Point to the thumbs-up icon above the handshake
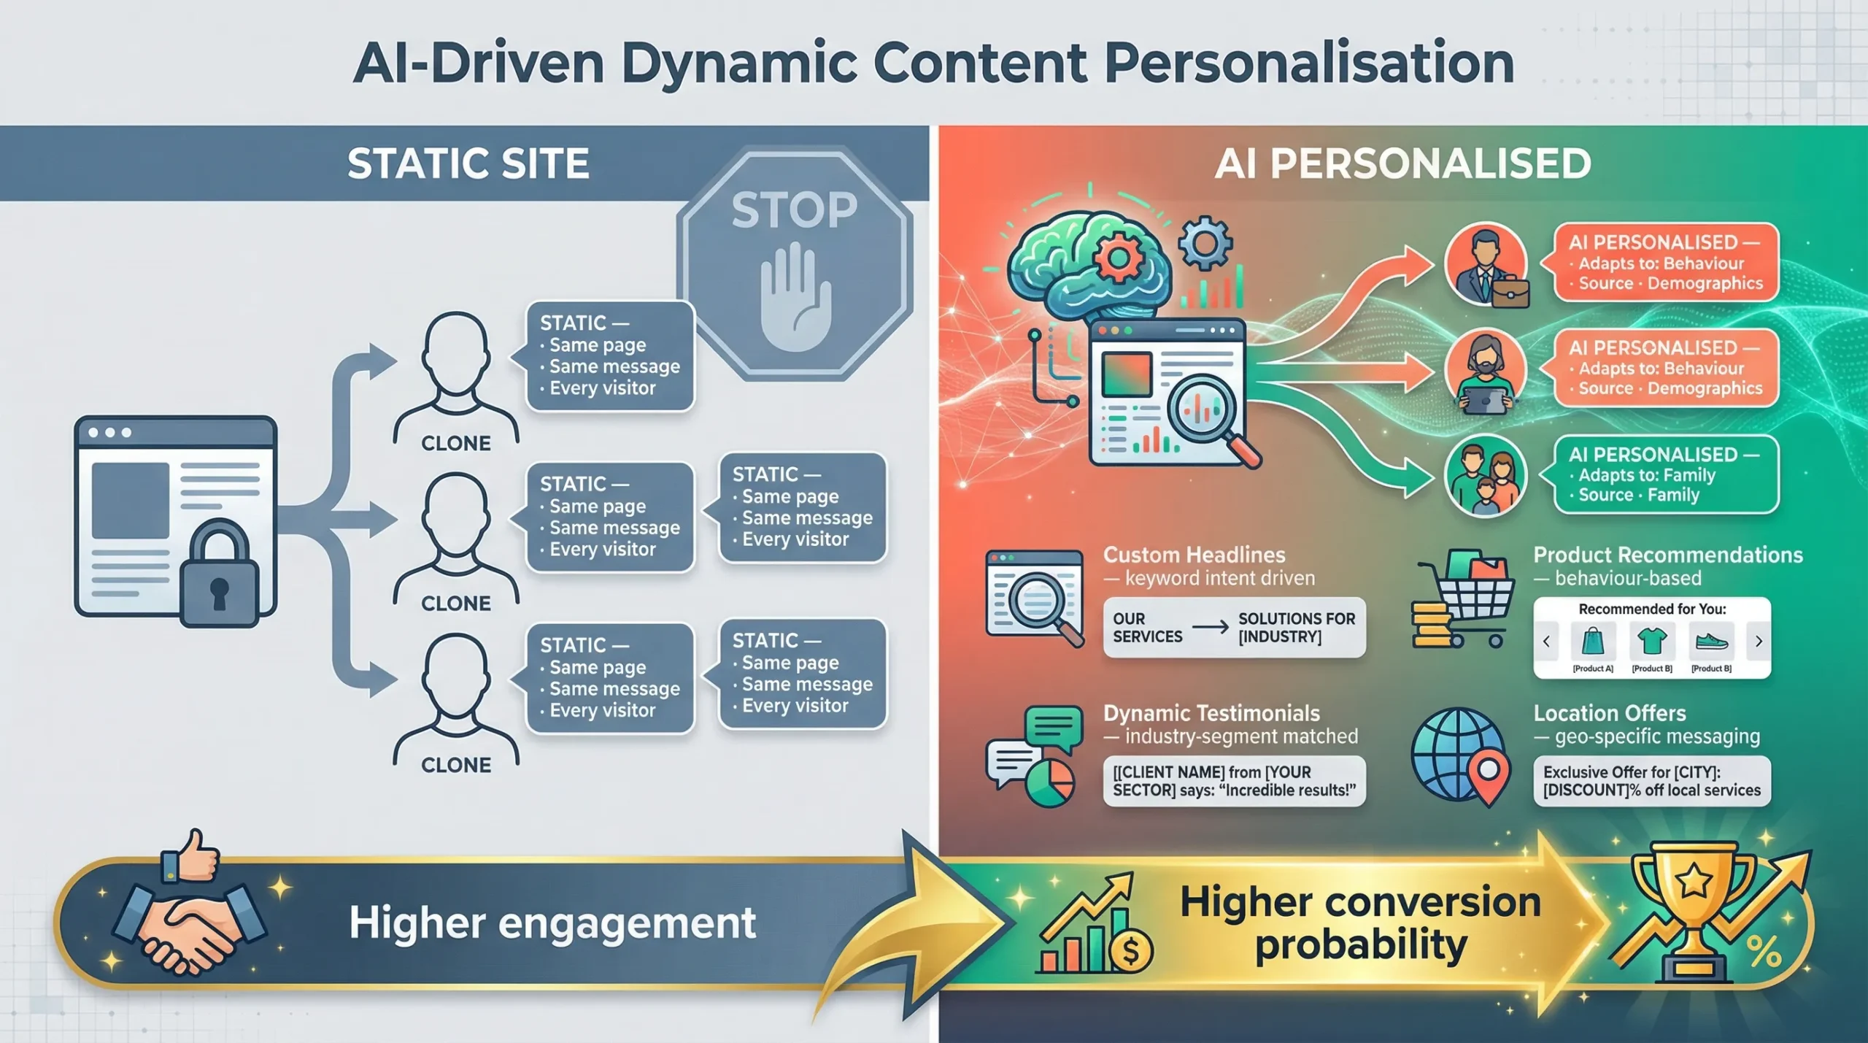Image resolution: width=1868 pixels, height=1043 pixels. (x=192, y=856)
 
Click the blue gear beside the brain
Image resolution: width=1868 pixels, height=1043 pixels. (x=1205, y=244)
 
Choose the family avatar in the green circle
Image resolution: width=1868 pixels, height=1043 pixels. (x=1486, y=477)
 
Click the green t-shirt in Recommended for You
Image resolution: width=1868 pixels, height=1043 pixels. (x=1652, y=641)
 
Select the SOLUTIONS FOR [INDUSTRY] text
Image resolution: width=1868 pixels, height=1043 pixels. (x=1296, y=628)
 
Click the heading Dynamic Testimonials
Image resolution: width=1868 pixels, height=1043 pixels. (x=1211, y=713)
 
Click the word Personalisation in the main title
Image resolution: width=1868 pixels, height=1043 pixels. (x=1309, y=63)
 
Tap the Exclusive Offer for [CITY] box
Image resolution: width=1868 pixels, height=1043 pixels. (x=1651, y=781)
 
